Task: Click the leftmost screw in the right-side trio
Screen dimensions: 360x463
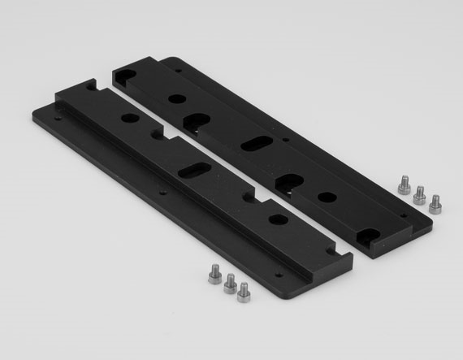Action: coord(403,184)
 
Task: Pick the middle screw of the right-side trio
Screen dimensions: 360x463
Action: coord(419,193)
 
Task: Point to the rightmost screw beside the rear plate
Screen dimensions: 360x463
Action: coord(435,202)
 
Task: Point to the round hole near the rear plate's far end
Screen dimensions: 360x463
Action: coord(176,98)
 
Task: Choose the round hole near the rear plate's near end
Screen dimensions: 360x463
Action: coord(326,196)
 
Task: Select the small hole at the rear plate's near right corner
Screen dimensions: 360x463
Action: coord(403,215)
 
